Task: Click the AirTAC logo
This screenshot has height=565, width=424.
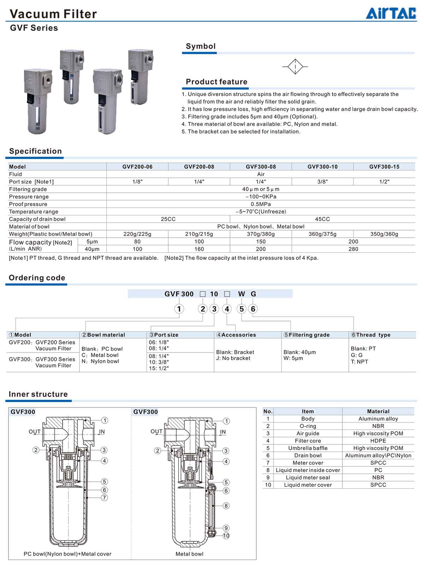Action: click(391, 13)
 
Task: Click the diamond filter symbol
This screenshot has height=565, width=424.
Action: click(295, 66)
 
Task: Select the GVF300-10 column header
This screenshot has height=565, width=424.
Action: click(322, 167)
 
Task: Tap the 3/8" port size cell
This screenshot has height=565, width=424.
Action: click(322, 182)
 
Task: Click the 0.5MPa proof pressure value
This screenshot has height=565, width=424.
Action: click(261, 204)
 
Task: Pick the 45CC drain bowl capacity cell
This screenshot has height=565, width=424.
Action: click(322, 219)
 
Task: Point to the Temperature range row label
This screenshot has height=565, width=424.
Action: click(34, 211)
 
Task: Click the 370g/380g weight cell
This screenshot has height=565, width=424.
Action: click(261, 234)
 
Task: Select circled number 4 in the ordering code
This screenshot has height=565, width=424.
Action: click(227, 309)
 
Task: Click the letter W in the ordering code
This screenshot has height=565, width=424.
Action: click(241, 294)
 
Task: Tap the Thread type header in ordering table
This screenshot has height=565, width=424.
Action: click(371, 335)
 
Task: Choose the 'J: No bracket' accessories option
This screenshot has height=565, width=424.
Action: click(233, 358)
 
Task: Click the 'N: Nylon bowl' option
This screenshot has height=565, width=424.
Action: click(100, 361)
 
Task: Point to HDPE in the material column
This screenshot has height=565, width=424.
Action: click(378, 441)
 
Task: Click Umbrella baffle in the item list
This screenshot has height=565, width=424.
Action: click(308, 448)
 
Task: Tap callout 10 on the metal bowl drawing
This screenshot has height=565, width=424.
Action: click(226, 536)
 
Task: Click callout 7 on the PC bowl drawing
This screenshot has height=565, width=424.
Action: click(104, 498)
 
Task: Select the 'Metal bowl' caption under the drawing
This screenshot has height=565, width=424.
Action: click(189, 554)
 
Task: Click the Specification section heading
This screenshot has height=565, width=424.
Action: click(35, 151)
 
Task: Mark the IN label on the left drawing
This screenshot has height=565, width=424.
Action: click(102, 432)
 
